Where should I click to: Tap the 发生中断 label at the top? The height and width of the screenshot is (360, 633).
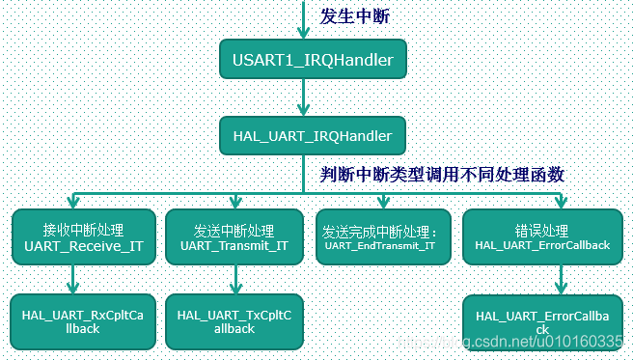click(x=356, y=15)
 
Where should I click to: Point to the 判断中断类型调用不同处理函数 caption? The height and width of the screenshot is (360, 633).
click(x=443, y=175)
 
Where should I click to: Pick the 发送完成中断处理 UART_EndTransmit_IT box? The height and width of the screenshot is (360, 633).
click(x=379, y=237)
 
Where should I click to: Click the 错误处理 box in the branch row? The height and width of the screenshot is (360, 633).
click(x=542, y=237)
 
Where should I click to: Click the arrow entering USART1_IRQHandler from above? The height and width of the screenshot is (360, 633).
click(x=305, y=21)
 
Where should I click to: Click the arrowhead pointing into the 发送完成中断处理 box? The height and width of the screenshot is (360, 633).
click(x=382, y=201)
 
